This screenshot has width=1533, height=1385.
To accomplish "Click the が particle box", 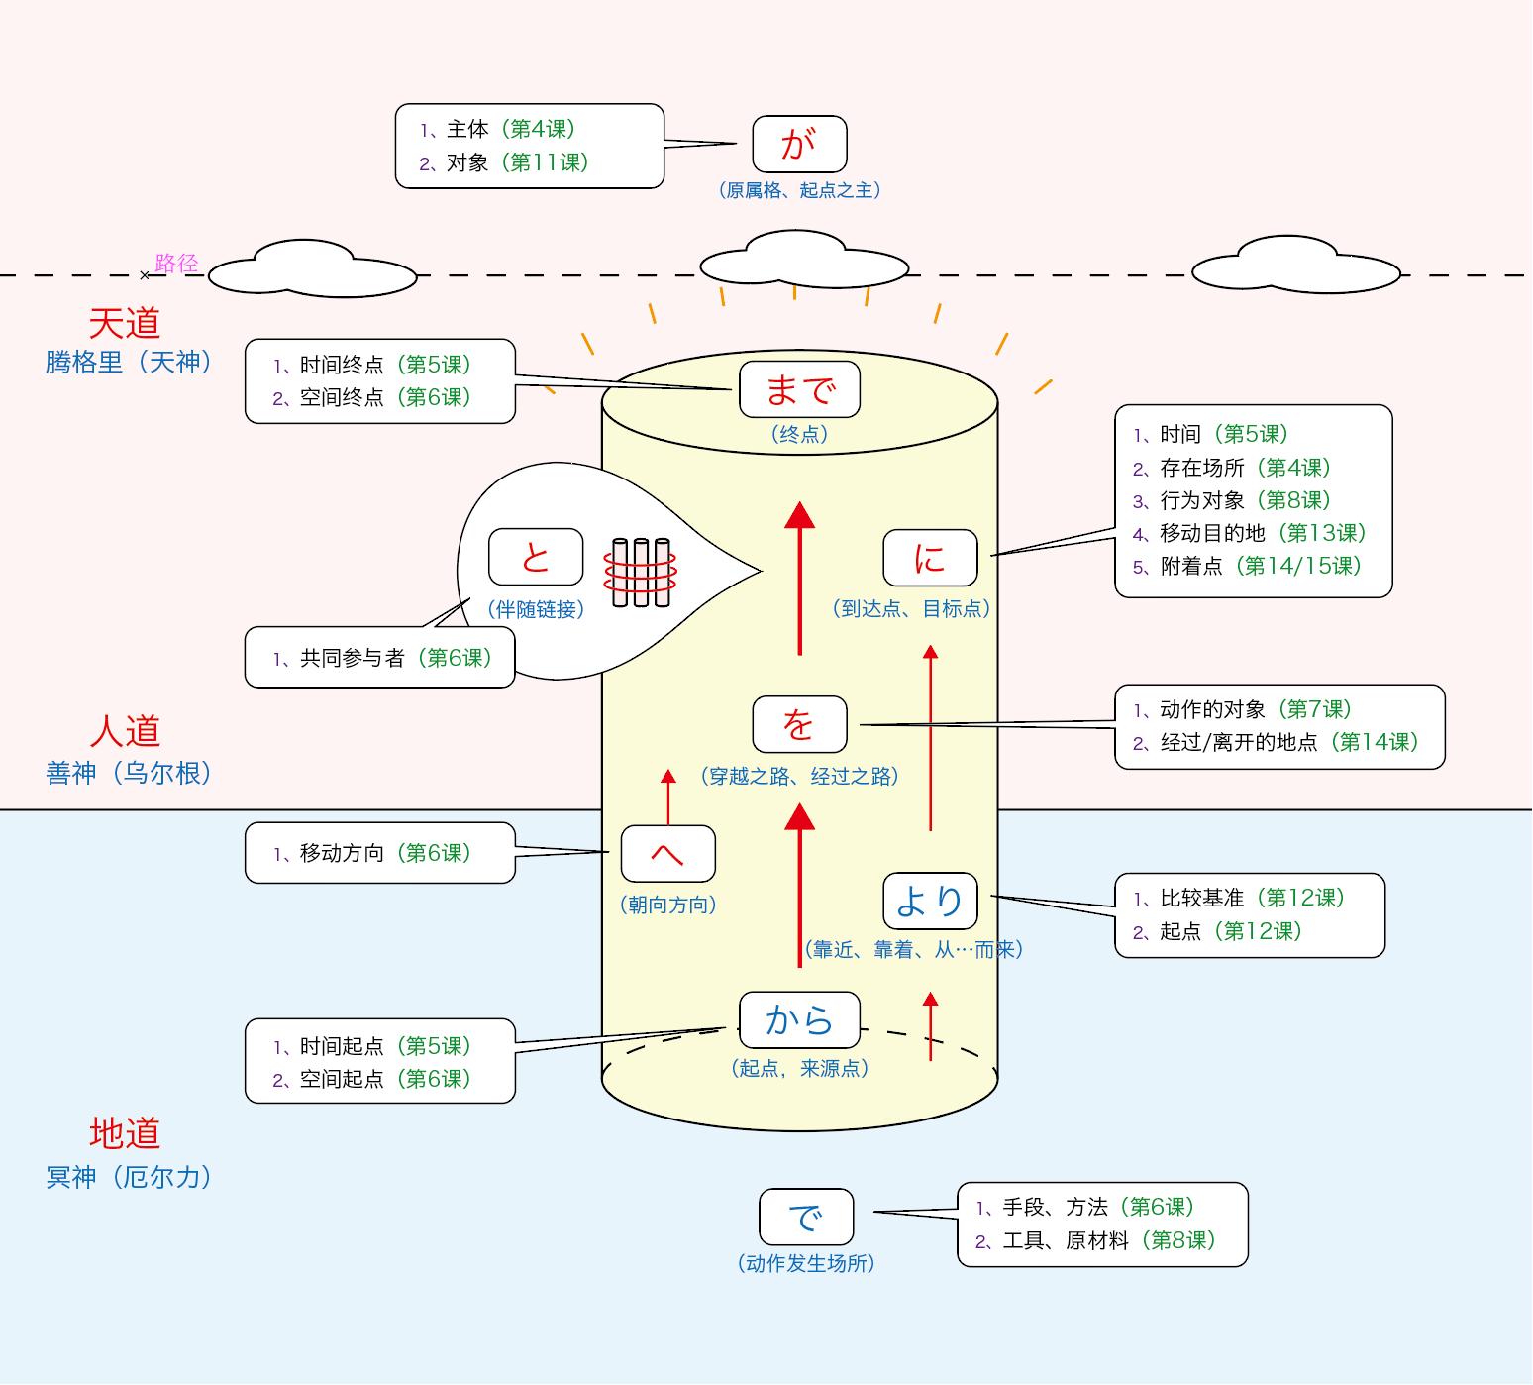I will click(x=799, y=145).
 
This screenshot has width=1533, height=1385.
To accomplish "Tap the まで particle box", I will click(x=799, y=389).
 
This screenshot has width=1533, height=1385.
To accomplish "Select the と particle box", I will click(x=536, y=558).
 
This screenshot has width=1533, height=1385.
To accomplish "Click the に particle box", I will click(x=930, y=558).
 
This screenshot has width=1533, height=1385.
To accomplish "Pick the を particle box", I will click(x=799, y=725).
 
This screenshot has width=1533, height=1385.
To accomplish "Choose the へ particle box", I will click(x=667, y=853).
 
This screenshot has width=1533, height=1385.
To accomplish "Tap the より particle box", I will click(x=930, y=901).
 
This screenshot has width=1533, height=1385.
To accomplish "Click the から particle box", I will click(x=799, y=1019).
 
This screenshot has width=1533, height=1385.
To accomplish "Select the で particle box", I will click(x=806, y=1217).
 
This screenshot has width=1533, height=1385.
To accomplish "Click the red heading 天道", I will click(x=125, y=323).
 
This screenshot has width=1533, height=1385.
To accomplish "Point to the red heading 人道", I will click(x=125, y=731).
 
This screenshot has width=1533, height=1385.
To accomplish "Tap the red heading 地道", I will click(x=125, y=1133).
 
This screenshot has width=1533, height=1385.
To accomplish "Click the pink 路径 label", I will click(x=176, y=264).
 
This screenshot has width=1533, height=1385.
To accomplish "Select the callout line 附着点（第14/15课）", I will click(x=1248, y=566).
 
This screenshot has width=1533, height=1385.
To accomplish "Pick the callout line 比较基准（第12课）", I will click(x=1240, y=898).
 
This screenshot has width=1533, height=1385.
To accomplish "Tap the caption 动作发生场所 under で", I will click(x=806, y=1263).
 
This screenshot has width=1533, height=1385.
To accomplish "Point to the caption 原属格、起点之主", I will click(x=799, y=190).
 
